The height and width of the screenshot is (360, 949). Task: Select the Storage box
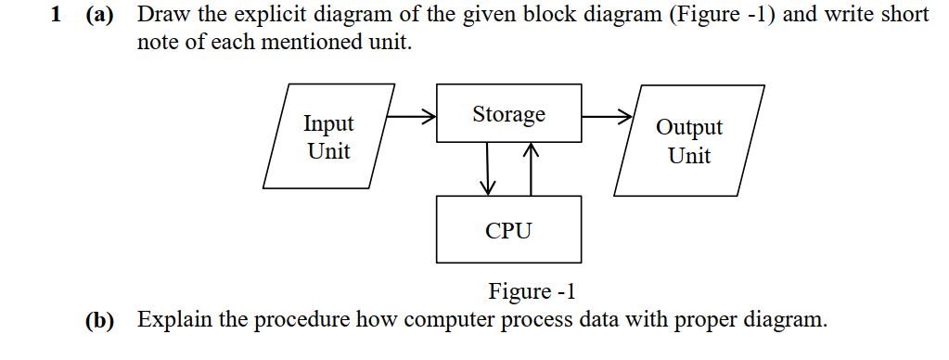click(x=508, y=113)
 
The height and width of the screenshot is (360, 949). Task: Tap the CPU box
click(x=508, y=229)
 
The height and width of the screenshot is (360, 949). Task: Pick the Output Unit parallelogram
click(x=689, y=141)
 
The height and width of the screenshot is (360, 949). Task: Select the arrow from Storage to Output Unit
click(x=607, y=118)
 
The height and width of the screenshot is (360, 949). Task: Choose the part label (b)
click(x=97, y=321)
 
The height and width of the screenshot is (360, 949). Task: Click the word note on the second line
click(x=158, y=44)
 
